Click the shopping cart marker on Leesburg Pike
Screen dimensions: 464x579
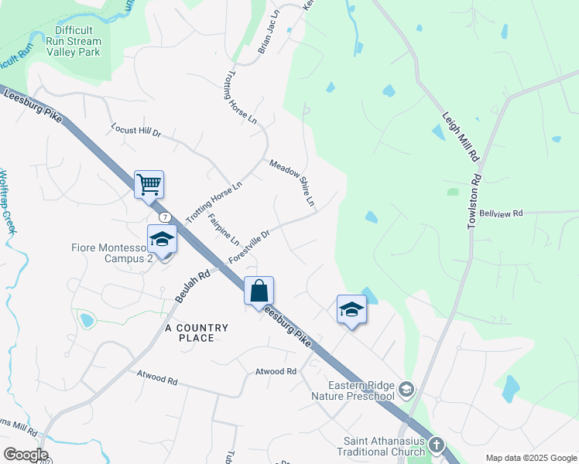click(149, 186)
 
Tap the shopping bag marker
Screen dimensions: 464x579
click(259, 292)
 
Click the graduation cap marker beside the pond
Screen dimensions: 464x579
click(351, 309)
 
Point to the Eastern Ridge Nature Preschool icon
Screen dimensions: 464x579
click(406, 387)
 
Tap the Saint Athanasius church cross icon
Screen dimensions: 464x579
click(437, 445)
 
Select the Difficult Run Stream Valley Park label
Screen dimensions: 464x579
click(74, 41)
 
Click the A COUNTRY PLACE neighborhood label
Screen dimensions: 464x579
click(197, 333)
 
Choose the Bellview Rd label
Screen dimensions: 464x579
click(501, 213)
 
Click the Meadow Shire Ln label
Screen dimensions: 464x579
click(293, 183)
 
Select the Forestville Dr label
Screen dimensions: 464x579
click(249, 247)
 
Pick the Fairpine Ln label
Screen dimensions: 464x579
click(224, 228)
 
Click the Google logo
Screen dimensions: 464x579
click(26, 455)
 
